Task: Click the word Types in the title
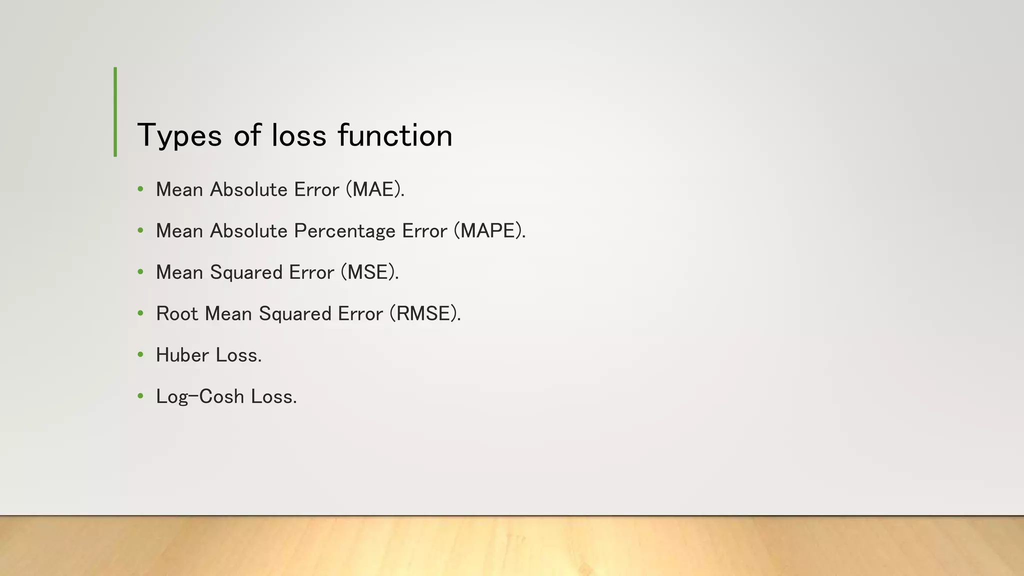tap(179, 136)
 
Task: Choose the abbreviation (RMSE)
tap(425, 314)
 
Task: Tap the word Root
tap(177, 314)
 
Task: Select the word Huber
tap(182, 355)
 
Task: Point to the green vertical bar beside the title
tap(115, 112)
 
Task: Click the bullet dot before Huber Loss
tap(140, 355)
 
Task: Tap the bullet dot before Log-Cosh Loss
tap(140, 396)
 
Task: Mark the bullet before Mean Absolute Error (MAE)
tap(140, 189)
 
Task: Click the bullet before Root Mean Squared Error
tap(140, 313)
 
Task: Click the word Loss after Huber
tap(238, 355)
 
